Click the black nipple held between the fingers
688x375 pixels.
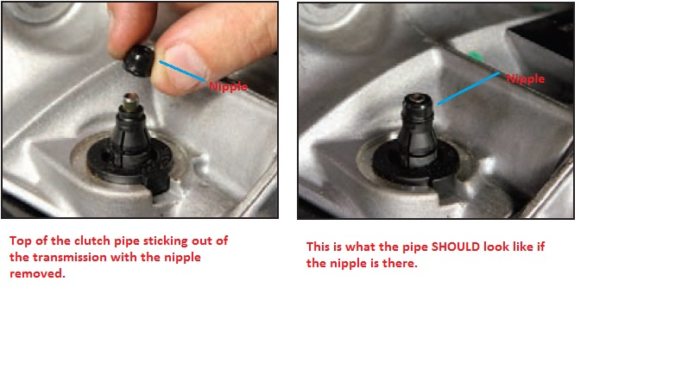point(139,60)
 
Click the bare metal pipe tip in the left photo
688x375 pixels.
point(131,102)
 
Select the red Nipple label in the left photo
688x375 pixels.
point(228,86)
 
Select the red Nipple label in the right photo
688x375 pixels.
point(526,78)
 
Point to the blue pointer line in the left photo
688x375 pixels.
point(182,71)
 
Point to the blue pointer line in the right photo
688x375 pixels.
point(468,88)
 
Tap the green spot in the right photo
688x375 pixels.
point(474,56)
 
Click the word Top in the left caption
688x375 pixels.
point(20,241)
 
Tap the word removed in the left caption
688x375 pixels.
point(37,274)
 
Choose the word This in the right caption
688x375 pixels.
point(318,247)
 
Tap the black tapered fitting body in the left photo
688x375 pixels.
point(130,136)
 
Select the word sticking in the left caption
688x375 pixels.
point(167,241)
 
